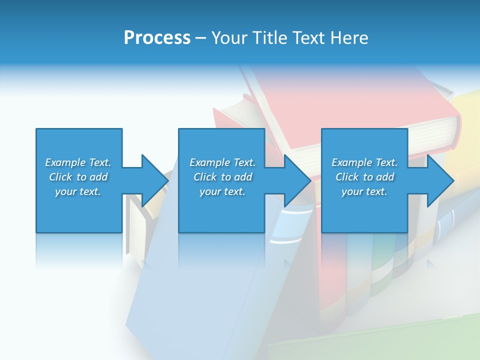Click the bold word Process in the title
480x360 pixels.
click(157, 38)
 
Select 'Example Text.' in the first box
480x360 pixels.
click(78, 162)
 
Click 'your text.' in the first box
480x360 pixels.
click(78, 191)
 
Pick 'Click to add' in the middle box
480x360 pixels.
click(222, 177)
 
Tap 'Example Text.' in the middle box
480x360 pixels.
click(222, 162)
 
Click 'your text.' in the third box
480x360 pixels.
click(364, 191)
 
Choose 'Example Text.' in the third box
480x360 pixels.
click(364, 162)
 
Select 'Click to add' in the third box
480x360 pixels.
click(364, 177)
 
